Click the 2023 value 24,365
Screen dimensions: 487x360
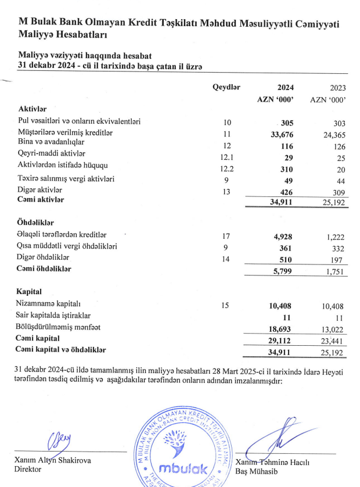point(334,133)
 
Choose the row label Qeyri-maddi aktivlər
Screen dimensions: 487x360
point(52,153)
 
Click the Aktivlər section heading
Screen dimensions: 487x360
point(33,109)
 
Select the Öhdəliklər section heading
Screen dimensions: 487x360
point(36,223)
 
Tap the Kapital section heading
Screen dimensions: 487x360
point(30,291)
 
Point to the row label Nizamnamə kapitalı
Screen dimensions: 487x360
point(49,304)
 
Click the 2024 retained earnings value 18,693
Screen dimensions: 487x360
point(282,328)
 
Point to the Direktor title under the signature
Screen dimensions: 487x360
point(28,470)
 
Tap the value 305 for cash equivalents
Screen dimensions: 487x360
point(287,123)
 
